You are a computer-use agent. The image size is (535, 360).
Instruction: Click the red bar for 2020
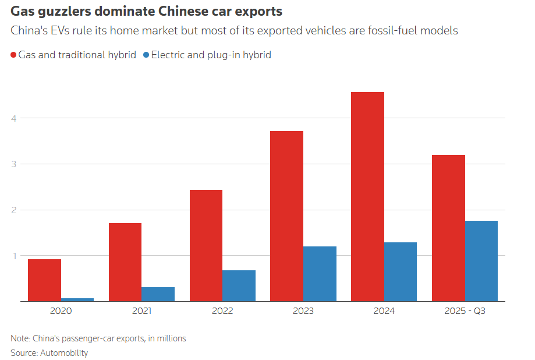coord(44,280)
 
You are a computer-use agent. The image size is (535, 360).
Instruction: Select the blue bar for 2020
coord(77,299)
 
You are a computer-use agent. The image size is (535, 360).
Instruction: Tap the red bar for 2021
coord(125,262)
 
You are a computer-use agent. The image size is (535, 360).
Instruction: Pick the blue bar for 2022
coord(239,285)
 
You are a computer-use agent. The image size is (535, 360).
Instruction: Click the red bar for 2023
coord(286,216)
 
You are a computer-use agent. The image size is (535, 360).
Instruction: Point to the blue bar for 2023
coord(320,274)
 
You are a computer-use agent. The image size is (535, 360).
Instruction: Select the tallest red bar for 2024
coord(367,196)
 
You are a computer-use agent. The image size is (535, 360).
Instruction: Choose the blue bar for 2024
coord(401,271)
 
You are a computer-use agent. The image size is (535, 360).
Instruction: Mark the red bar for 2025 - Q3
coord(448,228)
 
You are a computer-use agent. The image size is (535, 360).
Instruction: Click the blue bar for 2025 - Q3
coord(481,261)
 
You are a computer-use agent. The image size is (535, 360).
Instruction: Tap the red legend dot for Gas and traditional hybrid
coord(13,55)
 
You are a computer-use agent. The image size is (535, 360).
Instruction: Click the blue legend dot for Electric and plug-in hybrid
coord(146,55)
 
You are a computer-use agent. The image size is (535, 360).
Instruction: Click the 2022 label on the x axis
coord(222,311)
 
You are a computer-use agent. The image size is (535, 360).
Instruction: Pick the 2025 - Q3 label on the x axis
coord(465,311)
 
